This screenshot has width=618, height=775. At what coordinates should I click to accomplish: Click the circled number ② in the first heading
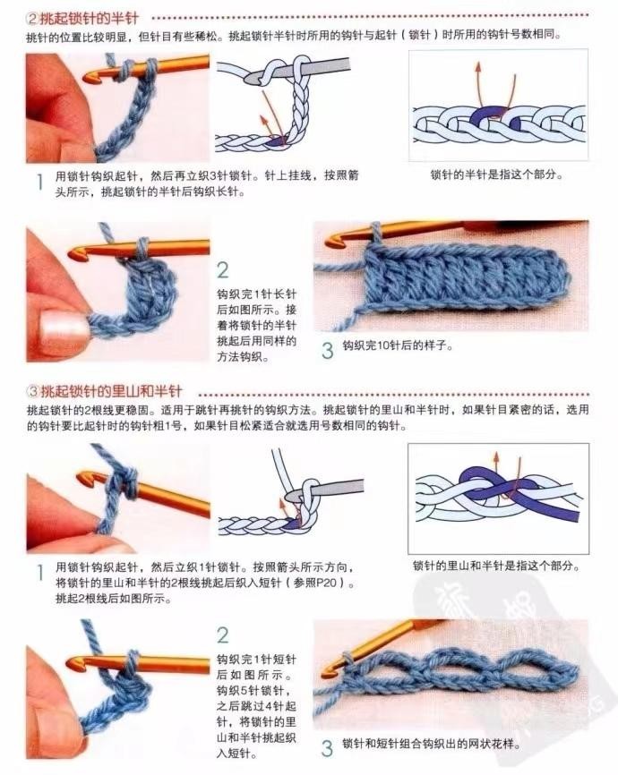point(32,19)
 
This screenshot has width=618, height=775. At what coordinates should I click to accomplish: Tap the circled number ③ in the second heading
point(32,392)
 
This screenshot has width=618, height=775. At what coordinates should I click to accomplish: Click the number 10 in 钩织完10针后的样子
point(382,345)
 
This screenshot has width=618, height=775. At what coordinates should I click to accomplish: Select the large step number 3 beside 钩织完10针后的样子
point(327,350)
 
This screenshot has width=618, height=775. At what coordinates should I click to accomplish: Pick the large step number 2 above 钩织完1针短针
point(223,635)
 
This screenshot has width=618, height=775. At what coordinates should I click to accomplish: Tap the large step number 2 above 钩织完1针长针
point(223,270)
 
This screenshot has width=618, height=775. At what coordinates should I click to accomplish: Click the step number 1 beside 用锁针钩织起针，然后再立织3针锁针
point(40,182)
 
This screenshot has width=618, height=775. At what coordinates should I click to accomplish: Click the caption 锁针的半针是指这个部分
point(497,175)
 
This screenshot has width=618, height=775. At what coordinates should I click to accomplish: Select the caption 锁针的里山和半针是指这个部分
point(496,566)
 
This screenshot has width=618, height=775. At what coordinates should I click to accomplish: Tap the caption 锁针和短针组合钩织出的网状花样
point(432,744)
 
